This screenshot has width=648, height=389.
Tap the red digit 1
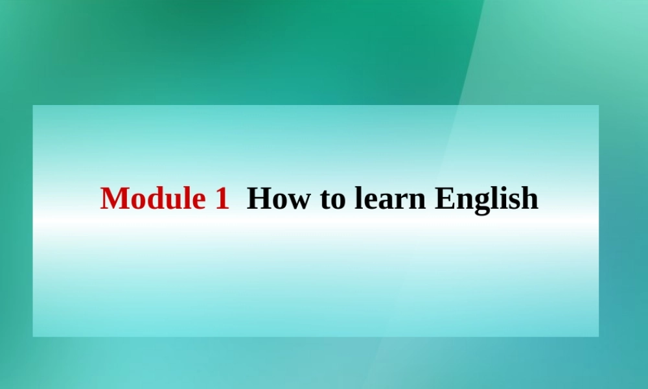point(221,198)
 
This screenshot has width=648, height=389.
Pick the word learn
point(390,198)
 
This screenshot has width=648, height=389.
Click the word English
point(486,198)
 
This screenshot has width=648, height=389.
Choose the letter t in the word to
point(326,199)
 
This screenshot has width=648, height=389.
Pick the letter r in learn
point(403,200)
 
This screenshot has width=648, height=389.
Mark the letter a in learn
point(388,200)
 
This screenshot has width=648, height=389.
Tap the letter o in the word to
point(339,200)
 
